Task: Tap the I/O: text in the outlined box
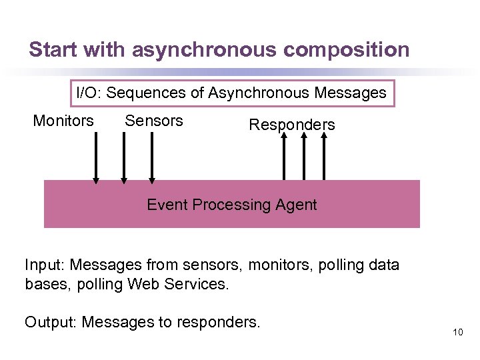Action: pyautogui.click(x=89, y=93)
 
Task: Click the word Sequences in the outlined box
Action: pyautogui.click(x=147, y=93)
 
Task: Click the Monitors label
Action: pyautogui.click(x=63, y=121)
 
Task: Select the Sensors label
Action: pyautogui.click(x=153, y=121)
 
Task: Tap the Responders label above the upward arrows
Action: pyautogui.click(x=291, y=125)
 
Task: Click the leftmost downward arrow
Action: pyautogui.click(x=96, y=157)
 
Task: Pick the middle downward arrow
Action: pyautogui.click(x=124, y=157)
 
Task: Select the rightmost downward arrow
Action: pyautogui.click(x=152, y=157)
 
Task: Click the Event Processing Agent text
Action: pyautogui.click(x=231, y=205)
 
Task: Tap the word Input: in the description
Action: pyautogui.click(x=45, y=265)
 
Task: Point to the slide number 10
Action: pyautogui.click(x=457, y=332)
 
